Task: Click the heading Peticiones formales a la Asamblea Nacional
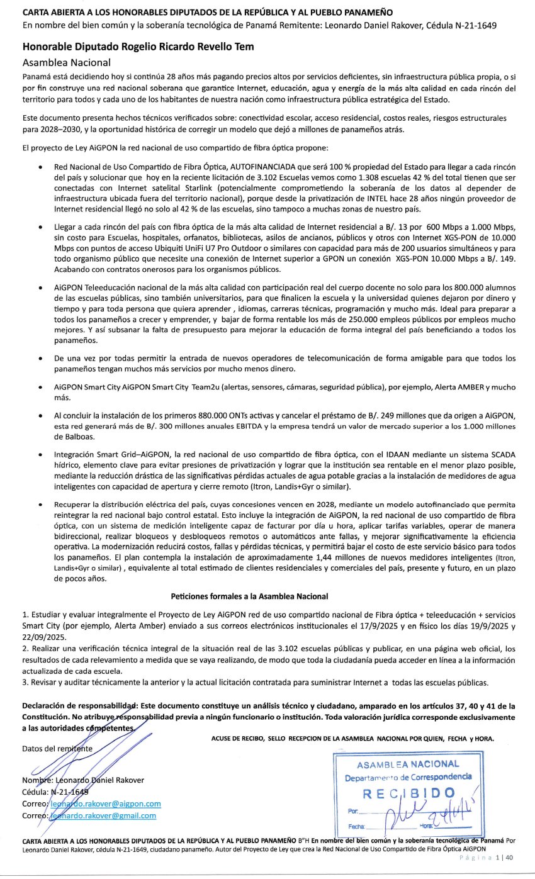click(x=249, y=596)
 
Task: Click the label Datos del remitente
click(x=57, y=748)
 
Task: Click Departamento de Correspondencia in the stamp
click(x=408, y=777)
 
